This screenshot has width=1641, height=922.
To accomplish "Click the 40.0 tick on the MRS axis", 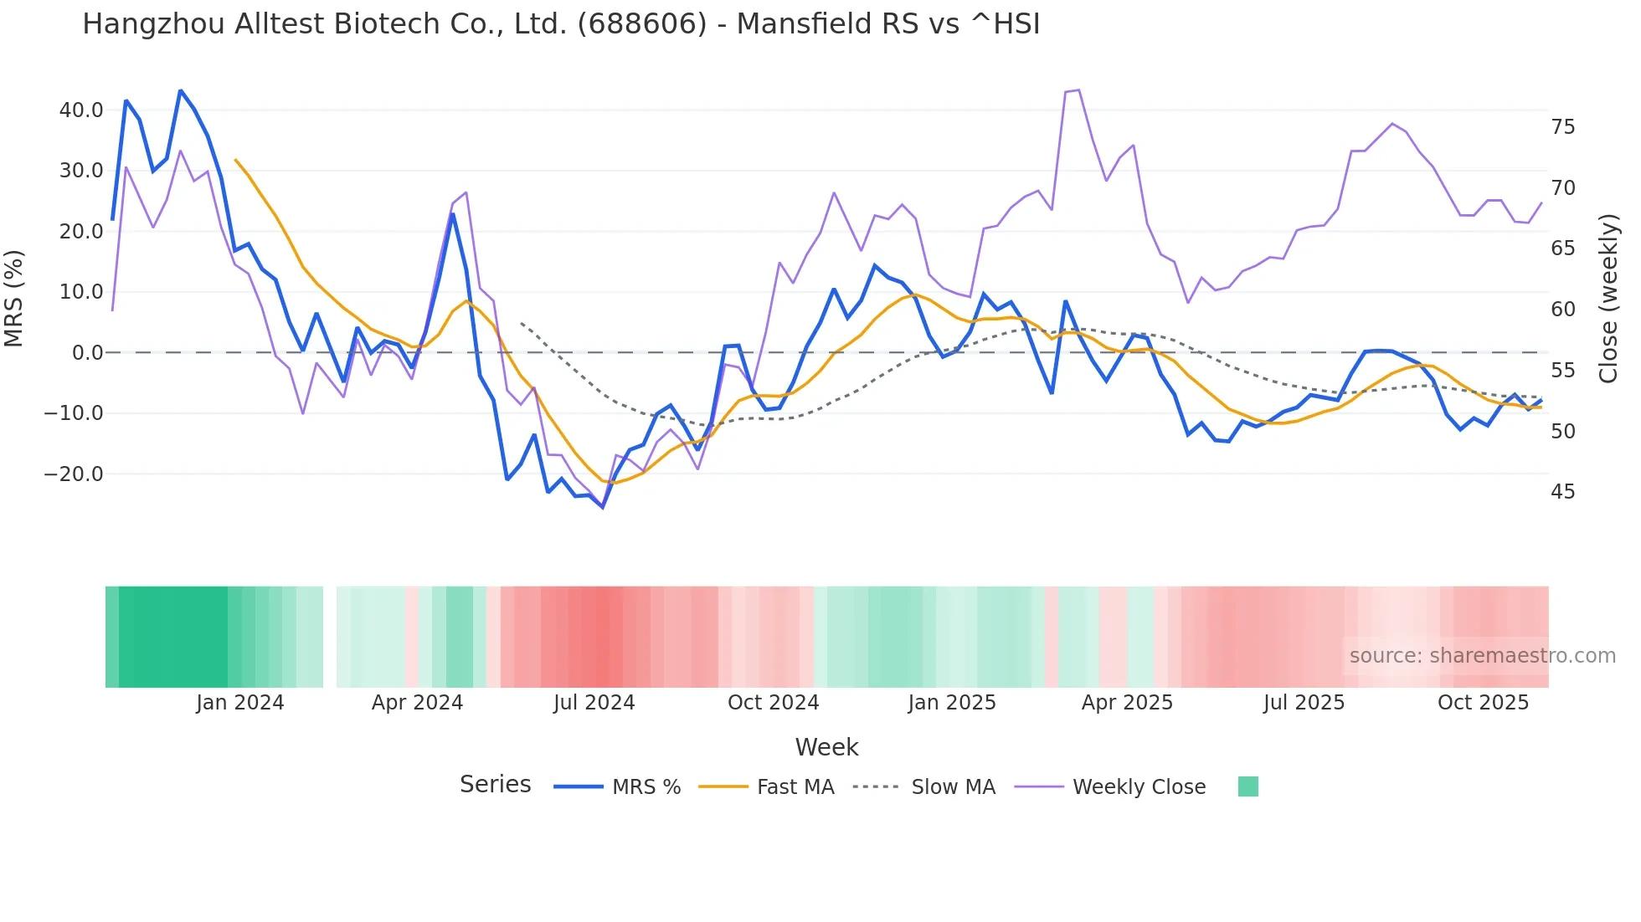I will click(81, 110).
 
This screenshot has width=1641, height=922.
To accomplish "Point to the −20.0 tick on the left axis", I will click(74, 474).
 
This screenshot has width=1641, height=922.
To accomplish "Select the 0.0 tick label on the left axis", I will click(88, 353).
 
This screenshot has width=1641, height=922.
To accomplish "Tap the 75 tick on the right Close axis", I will click(1562, 127).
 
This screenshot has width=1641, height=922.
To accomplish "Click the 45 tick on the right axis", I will click(1562, 492).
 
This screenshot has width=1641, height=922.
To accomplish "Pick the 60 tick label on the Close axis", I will click(1562, 310).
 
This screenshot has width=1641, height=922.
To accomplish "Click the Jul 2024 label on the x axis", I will click(594, 703).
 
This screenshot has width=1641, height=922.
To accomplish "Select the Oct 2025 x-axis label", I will click(1483, 703).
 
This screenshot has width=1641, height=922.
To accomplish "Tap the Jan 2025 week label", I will click(952, 703).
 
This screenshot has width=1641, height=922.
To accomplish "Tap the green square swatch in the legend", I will click(1247, 786).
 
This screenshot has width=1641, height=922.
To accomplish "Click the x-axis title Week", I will click(826, 747).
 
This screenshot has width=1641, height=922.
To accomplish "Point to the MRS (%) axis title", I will click(13, 298).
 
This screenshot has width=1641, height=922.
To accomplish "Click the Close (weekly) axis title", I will click(1608, 298).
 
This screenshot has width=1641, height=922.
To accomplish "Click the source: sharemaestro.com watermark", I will click(1482, 656).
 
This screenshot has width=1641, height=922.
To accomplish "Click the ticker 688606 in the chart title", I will click(642, 24).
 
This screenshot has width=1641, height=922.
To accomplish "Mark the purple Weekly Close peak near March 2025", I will click(1078, 90).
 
